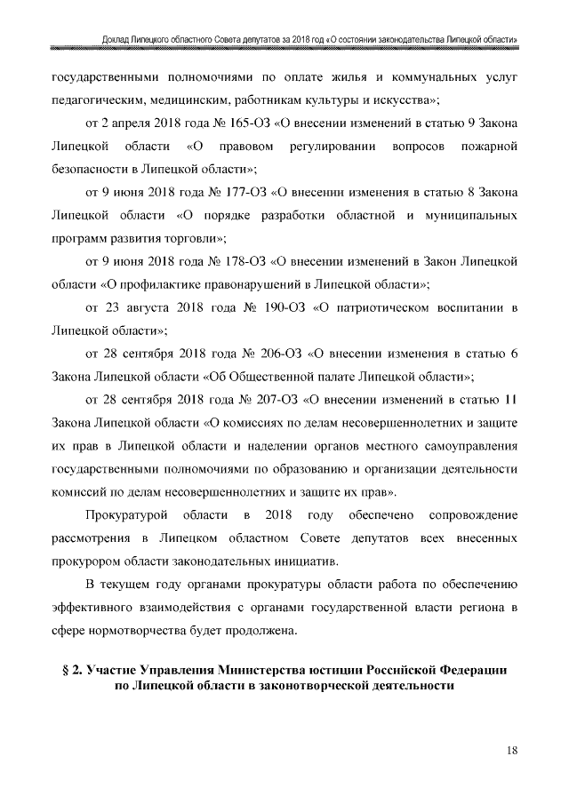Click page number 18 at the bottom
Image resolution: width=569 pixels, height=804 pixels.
click(512, 751)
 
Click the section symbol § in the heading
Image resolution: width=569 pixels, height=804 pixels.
click(64, 668)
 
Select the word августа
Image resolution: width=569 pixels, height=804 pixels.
click(156, 308)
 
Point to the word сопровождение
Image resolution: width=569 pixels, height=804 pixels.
click(471, 515)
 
